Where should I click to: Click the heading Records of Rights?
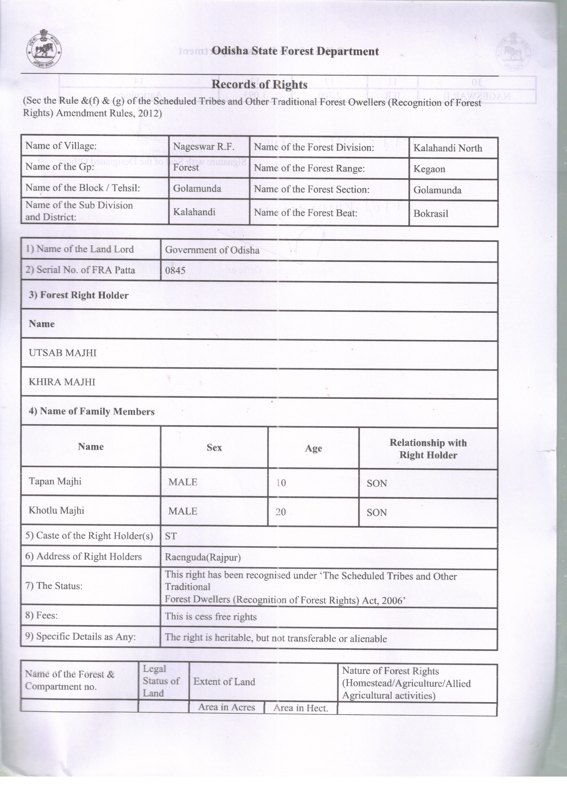260,84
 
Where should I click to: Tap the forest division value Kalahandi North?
448,148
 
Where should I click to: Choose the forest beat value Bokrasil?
431,214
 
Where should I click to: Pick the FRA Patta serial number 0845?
175,270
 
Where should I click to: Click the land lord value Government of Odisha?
212,250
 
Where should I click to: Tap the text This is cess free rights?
211,617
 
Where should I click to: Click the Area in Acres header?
227,707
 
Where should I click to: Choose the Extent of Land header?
224,682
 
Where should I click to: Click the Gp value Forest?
186,168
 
